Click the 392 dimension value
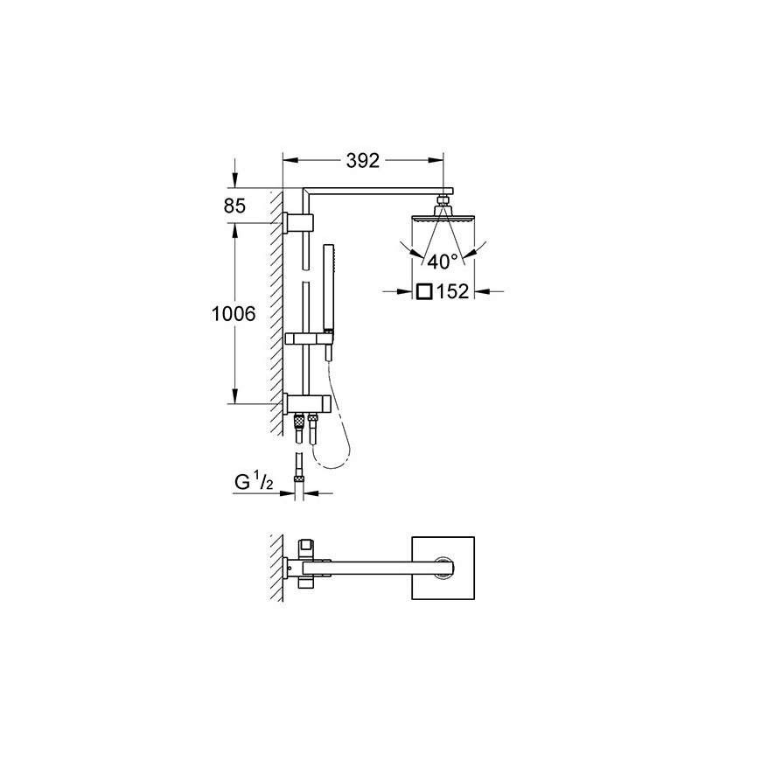click(x=362, y=160)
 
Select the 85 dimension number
click(x=235, y=206)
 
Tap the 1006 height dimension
click(x=234, y=314)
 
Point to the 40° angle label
click(x=442, y=262)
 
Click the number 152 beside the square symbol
click(x=453, y=291)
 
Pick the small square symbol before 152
click(x=423, y=291)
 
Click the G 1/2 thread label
click(x=255, y=483)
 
